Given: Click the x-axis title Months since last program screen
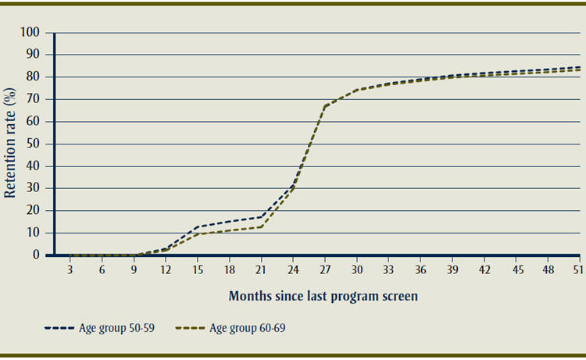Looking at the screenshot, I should click(323, 297).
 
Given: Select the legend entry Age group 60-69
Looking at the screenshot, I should click(248, 329).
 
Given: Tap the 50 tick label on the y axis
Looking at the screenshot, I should click(33, 144).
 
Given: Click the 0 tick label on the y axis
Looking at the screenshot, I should click(36, 255).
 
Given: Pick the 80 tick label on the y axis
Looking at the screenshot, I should click(33, 77).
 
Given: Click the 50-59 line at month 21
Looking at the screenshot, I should click(261, 217).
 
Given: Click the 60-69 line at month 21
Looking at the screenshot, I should click(261, 226).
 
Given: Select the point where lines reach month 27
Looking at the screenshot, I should click(325, 105).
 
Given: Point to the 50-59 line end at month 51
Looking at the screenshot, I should click(580, 67).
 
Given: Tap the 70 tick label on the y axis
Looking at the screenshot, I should click(33, 99).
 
